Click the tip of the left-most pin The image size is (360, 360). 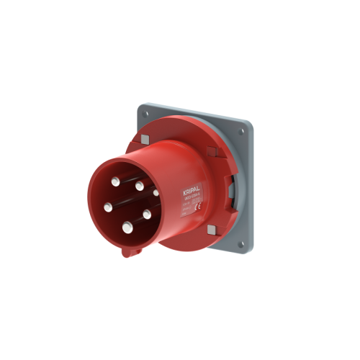[x=108, y=207]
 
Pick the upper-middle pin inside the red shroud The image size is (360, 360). [x=138, y=186]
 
